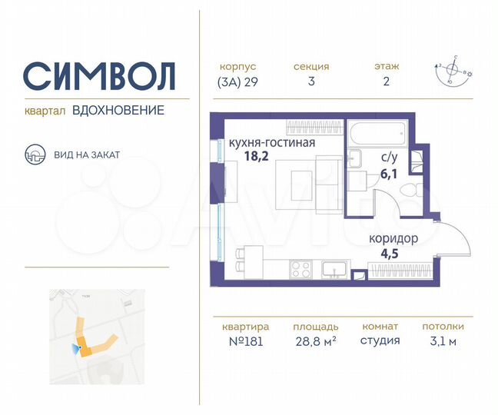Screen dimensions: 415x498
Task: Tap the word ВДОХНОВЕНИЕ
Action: pos(118,111)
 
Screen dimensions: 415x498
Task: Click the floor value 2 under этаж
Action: pos(387,83)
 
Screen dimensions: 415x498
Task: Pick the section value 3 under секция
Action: pos(311,83)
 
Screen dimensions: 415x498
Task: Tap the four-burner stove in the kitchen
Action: pos(300,269)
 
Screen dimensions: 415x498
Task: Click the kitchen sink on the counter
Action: pos(335,269)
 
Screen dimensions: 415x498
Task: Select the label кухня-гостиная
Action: pos(272,142)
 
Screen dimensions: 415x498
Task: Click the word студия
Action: pos(380,340)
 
